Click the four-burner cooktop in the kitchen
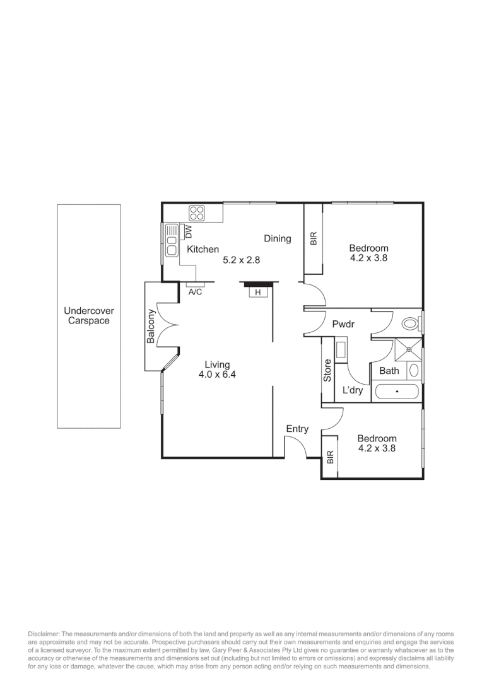[x=197, y=212]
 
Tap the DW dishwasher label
[x=187, y=231]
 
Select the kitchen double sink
[x=171, y=241]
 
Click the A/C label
[x=195, y=292]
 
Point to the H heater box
[x=258, y=292]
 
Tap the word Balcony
[x=151, y=326]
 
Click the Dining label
[x=278, y=238]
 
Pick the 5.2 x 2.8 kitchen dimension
[x=242, y=259]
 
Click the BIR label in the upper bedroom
[x=314, y=238]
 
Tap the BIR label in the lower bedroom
[x=329, y=457]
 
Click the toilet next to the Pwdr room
[x=411, y=323]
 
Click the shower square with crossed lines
[x=408, y=348]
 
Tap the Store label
[x=327, y=370]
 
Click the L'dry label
[x=352, y=390]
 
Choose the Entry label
[x=297, y=429]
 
